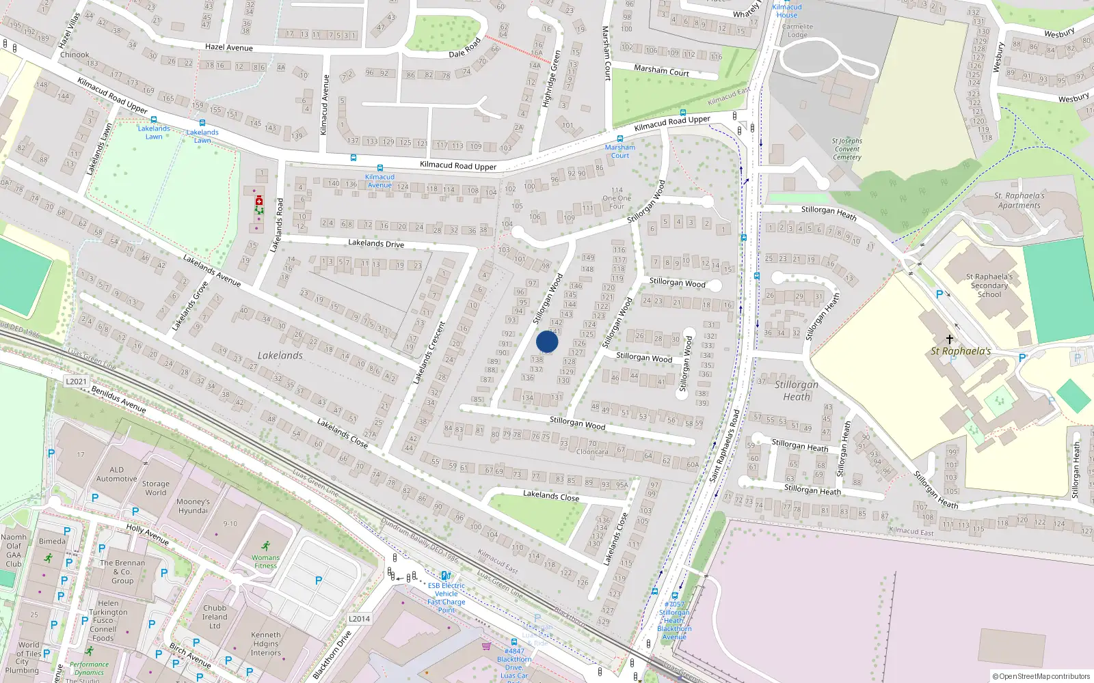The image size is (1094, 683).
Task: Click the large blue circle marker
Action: [x=547, y=341]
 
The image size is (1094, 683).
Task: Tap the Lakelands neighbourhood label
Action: [x=280, y=355]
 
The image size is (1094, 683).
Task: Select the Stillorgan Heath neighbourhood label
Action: [x=797, y=390]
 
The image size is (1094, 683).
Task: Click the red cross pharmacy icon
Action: [x=259, y=201]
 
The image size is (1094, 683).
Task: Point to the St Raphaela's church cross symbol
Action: [x=950, y=339]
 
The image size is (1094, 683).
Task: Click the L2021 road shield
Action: [x=77, y=382]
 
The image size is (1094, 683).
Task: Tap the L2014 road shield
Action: [x=359, y=619]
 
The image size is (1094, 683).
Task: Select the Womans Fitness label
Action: [x=265, y=561]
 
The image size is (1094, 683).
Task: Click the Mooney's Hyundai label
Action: [x=193, y=506]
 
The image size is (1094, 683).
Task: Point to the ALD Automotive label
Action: [x=117, y=474]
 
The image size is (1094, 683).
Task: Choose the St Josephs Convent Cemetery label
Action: [x=847, y=149]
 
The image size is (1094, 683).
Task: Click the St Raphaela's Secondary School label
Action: [x=989, y=285]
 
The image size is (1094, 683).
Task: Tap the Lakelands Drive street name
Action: [x=376, y=243]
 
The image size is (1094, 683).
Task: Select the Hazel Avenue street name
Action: [x=229, y=47]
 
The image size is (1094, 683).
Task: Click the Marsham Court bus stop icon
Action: [x=619, y=139]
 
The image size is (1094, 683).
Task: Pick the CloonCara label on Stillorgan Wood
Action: [x=592, y=451]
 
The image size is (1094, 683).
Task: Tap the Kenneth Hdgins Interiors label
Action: [x=266, y=643]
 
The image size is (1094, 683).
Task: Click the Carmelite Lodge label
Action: [x=797, y=31]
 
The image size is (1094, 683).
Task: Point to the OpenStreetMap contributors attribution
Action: [x=1044, y=676]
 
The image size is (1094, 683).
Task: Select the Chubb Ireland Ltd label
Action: [x=215, y=617]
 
